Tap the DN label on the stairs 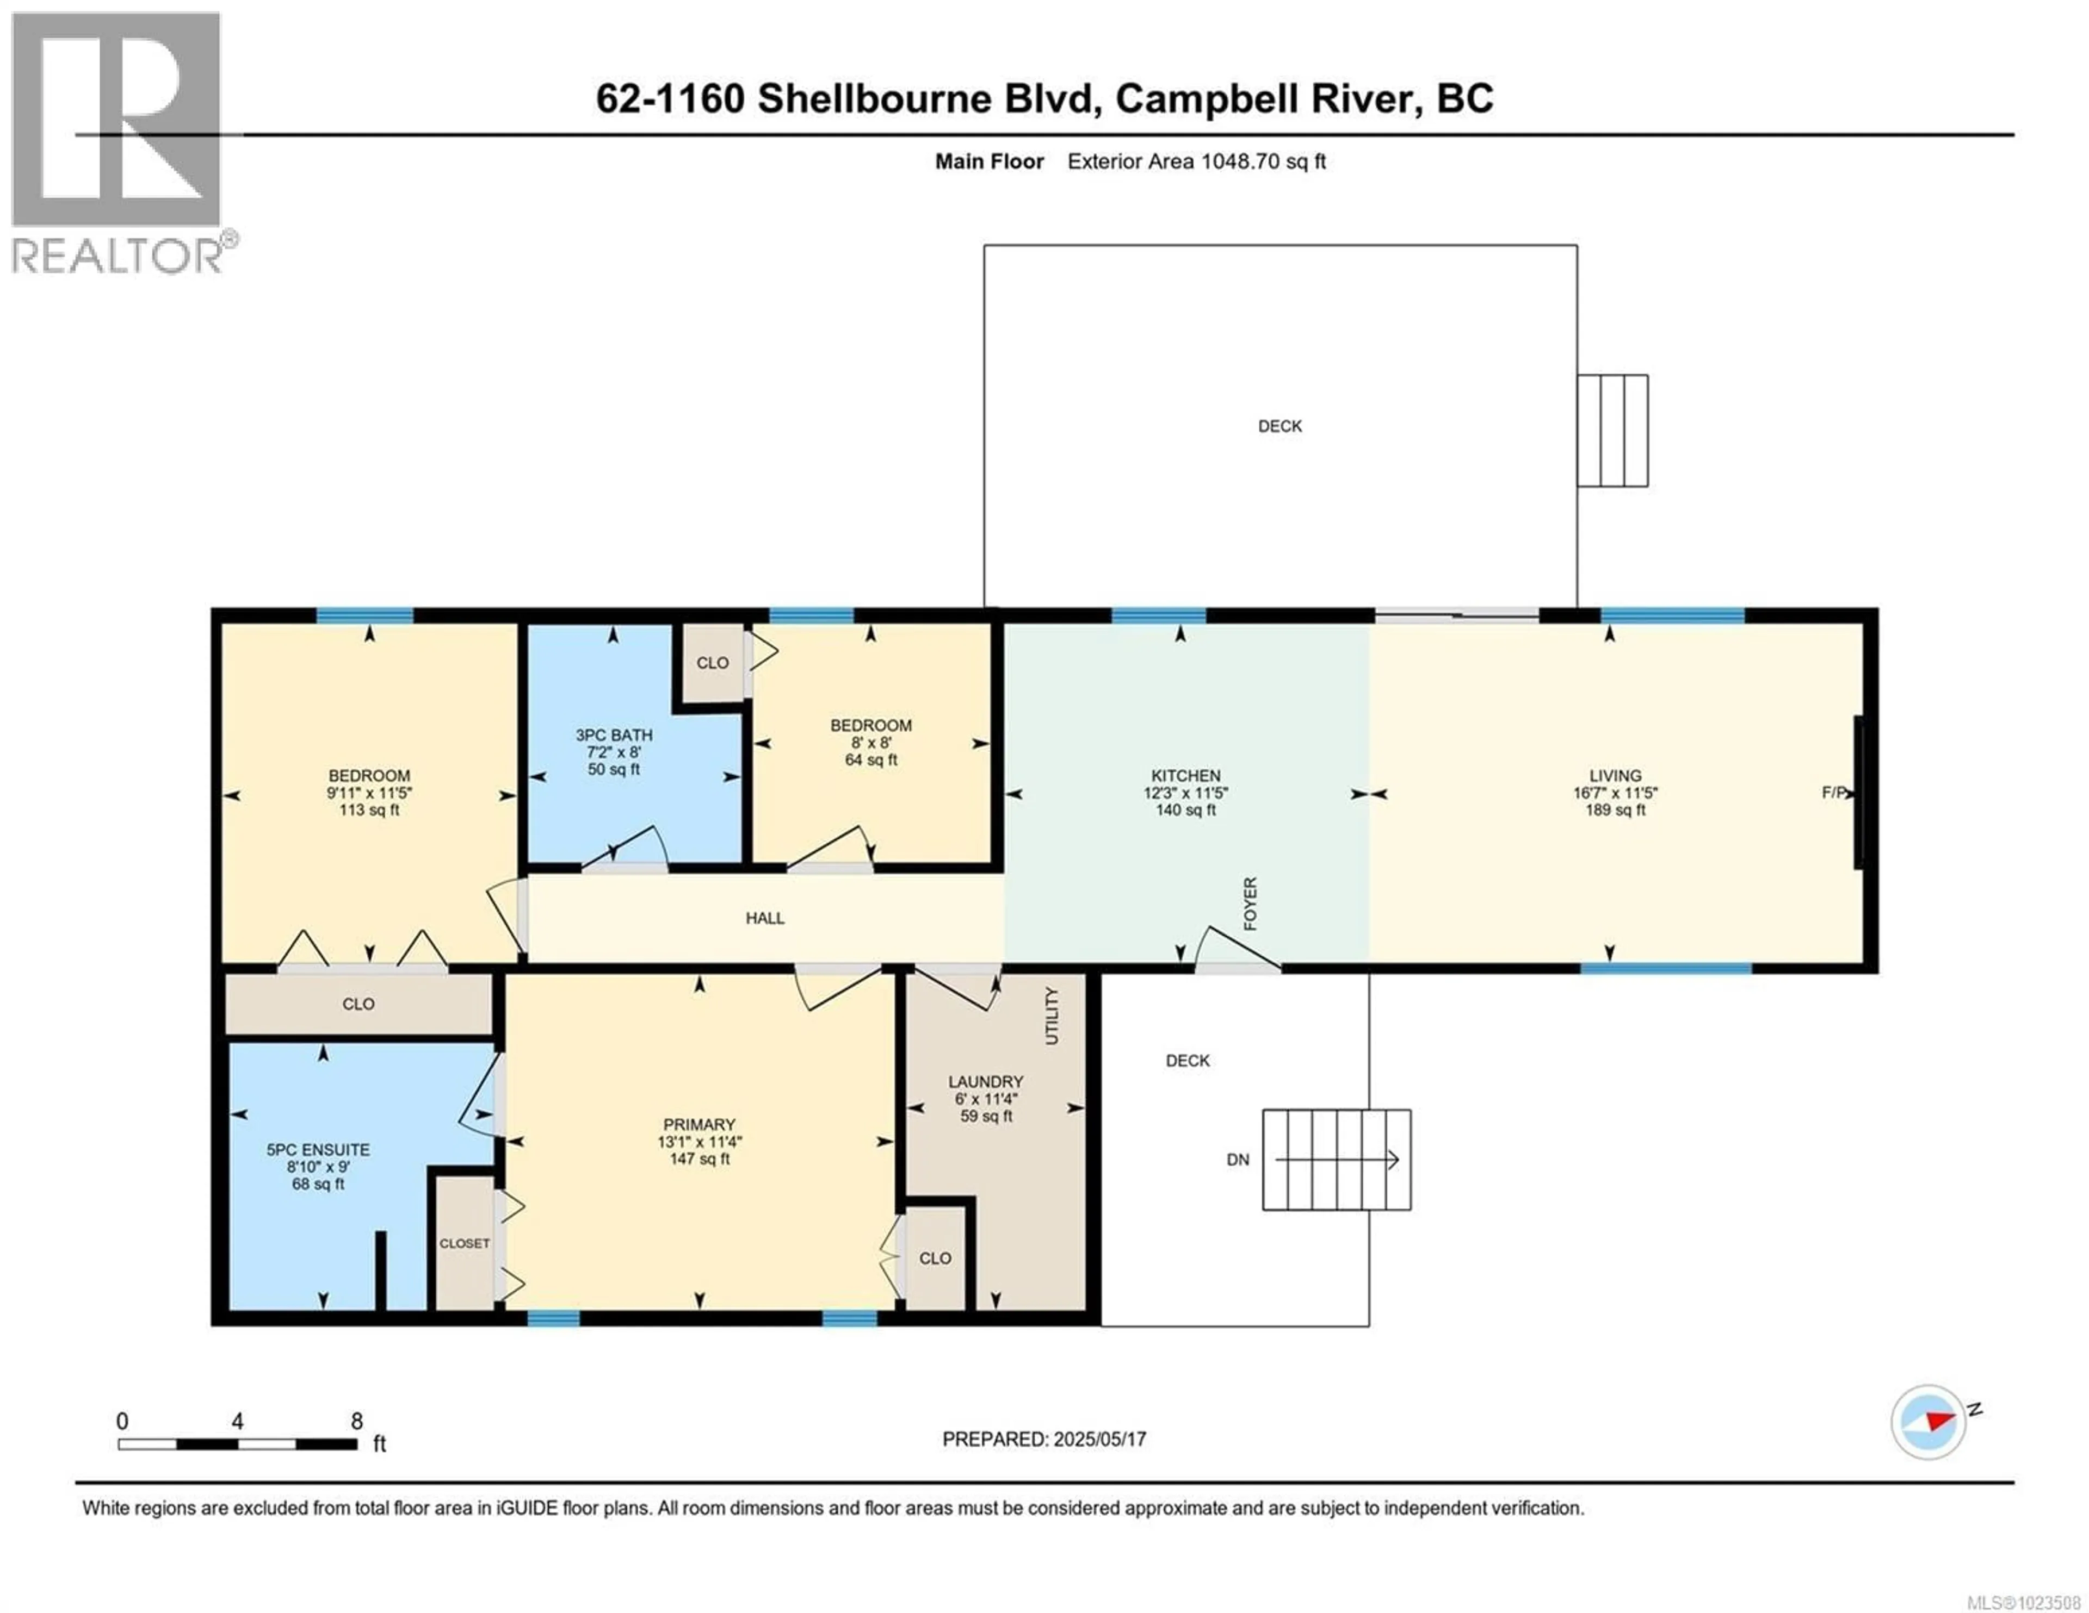1238,1160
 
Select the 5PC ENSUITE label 318,1149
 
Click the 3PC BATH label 614,735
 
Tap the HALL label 765,918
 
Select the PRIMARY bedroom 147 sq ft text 699,1159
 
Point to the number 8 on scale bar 357,1421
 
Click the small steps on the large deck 1612,430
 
